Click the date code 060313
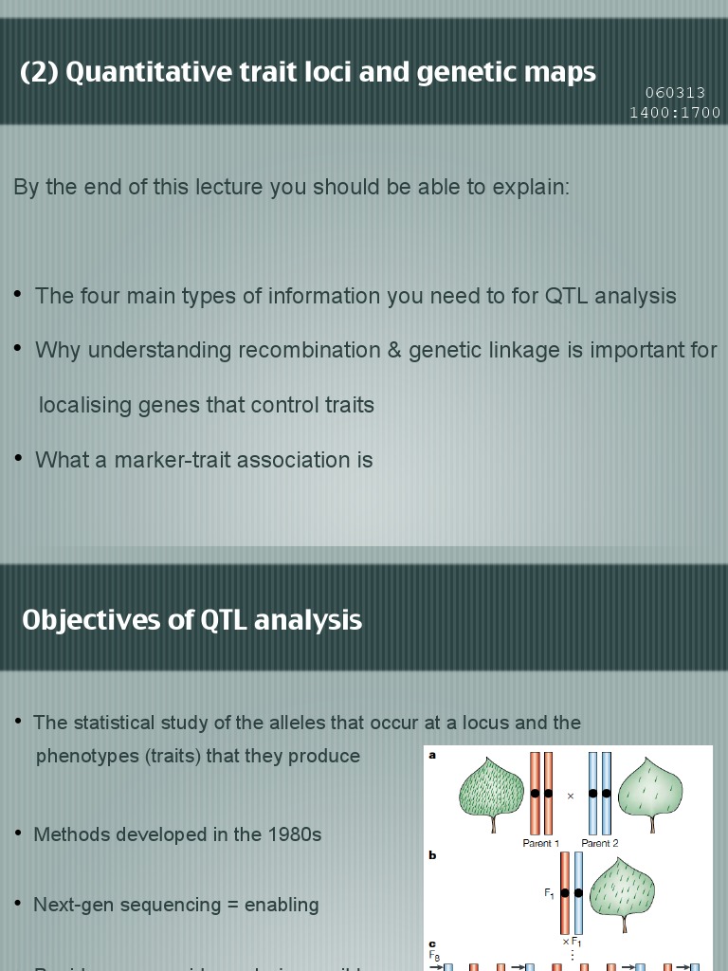pyautogui.click(x=675, y=93)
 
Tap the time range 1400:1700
pyautogui.click(x=675, y=113)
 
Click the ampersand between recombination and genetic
pyautogui.click(x=394, y=350)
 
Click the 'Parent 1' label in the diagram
pyautogui.click(x=541, y=843)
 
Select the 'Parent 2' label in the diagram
pyautogui.click(x=600, y=843)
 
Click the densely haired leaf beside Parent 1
pyautogui.click(x=491, y=790)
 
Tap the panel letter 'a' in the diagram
pyautogui.click(x=432, y=756)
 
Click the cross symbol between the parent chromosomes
pyautogui.click(x=571, y=797)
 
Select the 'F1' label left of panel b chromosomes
pyautogui.click(x=548, y=892)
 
